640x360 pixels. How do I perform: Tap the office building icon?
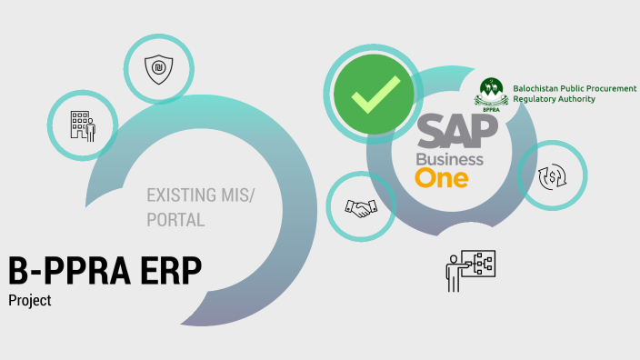click(83, 125)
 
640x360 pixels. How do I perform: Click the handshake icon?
click(360, 207)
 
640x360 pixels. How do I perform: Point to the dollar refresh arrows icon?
click(551, 176)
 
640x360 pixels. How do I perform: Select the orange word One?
click(442, 177)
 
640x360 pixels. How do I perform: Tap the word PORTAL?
click(175, 220)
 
